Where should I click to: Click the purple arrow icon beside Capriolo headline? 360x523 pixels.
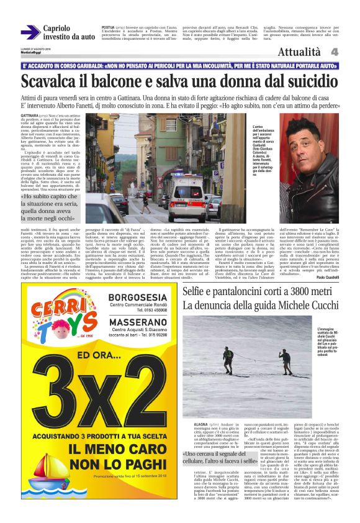(30, 32)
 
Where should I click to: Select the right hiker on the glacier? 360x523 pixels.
(286, 360)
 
